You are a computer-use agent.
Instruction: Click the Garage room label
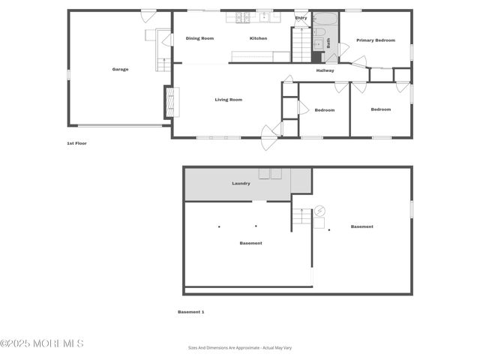tap(120, 70)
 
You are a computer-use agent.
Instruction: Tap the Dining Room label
tap(199, 38)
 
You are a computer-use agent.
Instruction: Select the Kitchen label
tap(258, 38)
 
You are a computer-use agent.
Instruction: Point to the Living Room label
tap(228, 100)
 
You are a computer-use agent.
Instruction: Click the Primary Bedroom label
tap(375, 40)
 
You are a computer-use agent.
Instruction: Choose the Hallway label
tap(325, 70)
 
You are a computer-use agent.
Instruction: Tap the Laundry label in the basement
tap(241, 183)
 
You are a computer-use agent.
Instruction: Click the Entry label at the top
tap(301, 17)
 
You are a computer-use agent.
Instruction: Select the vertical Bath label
tap(328, 43)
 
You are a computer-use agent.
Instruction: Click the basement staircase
tap(301, 217)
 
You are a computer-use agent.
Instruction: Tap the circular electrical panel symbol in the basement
tap(320, 211)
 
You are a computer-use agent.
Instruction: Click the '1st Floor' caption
tap(76, 143)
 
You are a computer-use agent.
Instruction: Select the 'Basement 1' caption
tap(190, 312)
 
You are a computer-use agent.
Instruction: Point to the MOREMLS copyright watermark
tap(42, 343)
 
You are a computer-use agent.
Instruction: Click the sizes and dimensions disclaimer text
tap(240, 348)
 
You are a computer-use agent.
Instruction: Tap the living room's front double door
tap(269, 133)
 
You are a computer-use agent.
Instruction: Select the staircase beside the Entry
tap(300, 45)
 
